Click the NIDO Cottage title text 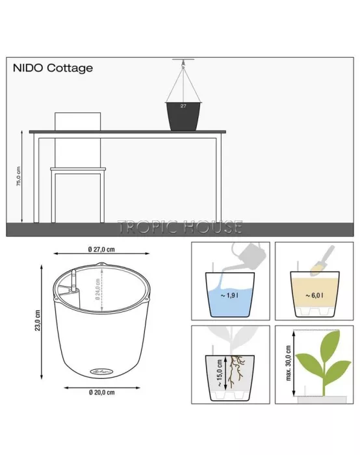click(x=53, y=68)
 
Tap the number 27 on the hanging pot click(x=183, y=105)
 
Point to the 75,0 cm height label click(x=19, y=175)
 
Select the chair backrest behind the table click(x=78, y=122)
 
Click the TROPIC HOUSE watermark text click(x=180, y=227)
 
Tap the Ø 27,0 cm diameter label click(x=101, y=249)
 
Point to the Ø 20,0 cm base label click(x=103, y=393)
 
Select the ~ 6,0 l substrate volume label click(x=315, y=296)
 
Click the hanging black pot click(x=184, y=115)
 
